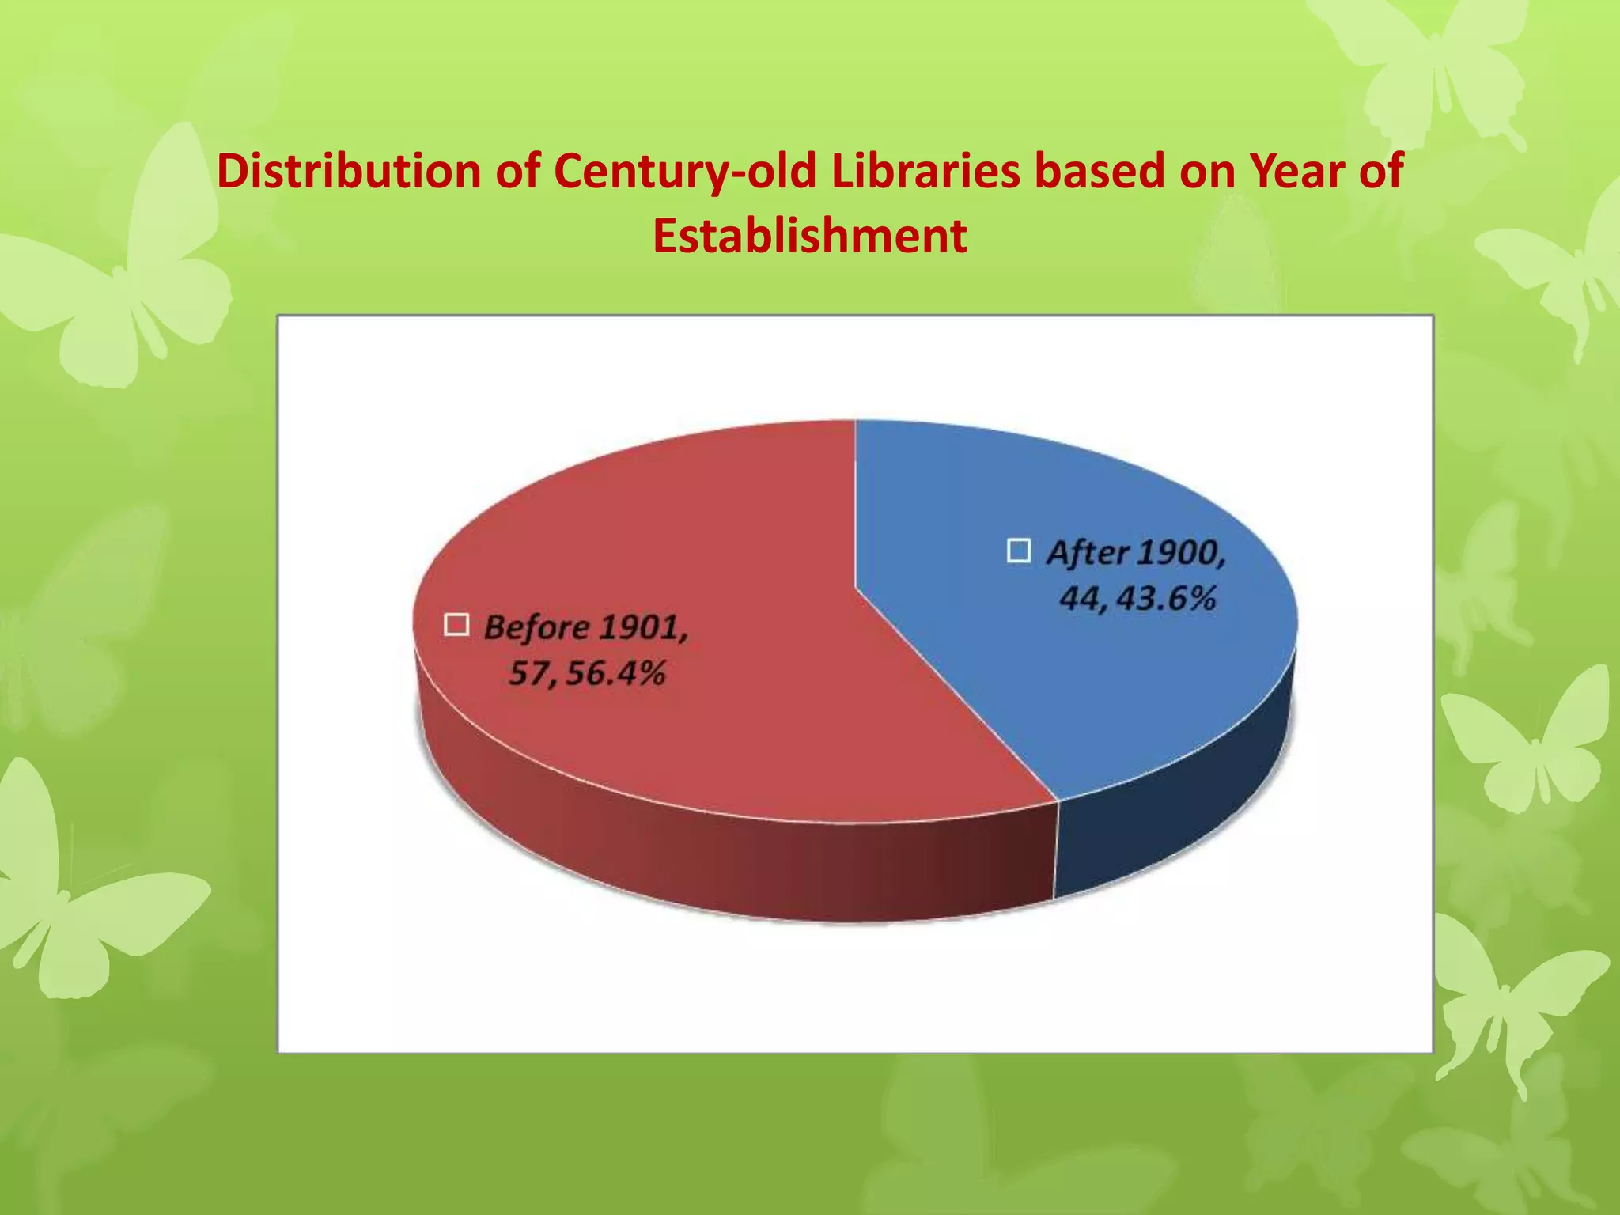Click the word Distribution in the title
coord(349,171)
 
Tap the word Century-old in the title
coord(684,171)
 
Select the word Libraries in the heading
coord(925,171)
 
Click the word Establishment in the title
coord(809,236)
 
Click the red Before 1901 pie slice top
coord(672,538)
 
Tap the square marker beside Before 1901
coord(456,625)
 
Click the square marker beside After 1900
coord(1019,551)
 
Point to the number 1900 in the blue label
coord(1180,553)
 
